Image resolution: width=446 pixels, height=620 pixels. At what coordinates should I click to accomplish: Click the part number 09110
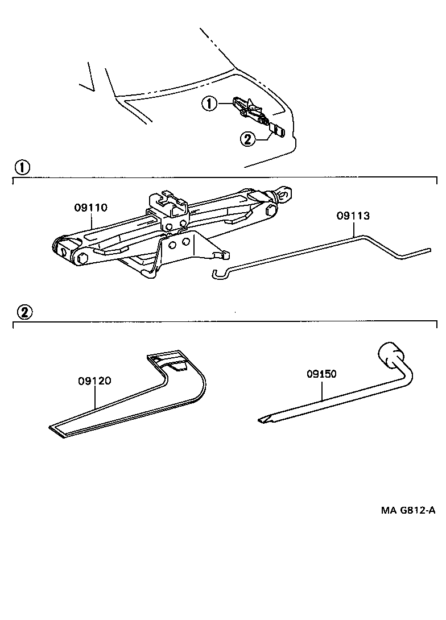tap(90, 208)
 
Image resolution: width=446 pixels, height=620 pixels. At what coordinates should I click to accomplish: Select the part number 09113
tap(353, 216)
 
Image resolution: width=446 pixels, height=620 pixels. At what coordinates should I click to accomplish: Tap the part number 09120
tap(94, 382)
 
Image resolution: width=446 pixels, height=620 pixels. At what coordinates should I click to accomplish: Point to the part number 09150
tap(321, 374)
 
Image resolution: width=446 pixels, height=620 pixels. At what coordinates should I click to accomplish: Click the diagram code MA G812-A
tap(408, 510)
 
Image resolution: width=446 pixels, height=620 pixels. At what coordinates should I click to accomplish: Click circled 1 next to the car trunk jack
tap(209, 104)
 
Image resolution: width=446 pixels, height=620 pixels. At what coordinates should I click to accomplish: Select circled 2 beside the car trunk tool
tap(247, 138)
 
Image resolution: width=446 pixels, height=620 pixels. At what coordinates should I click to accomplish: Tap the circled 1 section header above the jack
tap(22, 167)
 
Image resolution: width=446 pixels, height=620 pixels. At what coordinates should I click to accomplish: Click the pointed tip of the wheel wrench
tap(263, 420)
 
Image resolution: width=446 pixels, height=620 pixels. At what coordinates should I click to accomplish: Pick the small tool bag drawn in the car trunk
tap(277, 131)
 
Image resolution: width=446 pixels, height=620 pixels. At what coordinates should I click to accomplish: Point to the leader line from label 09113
tap(356, 229)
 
